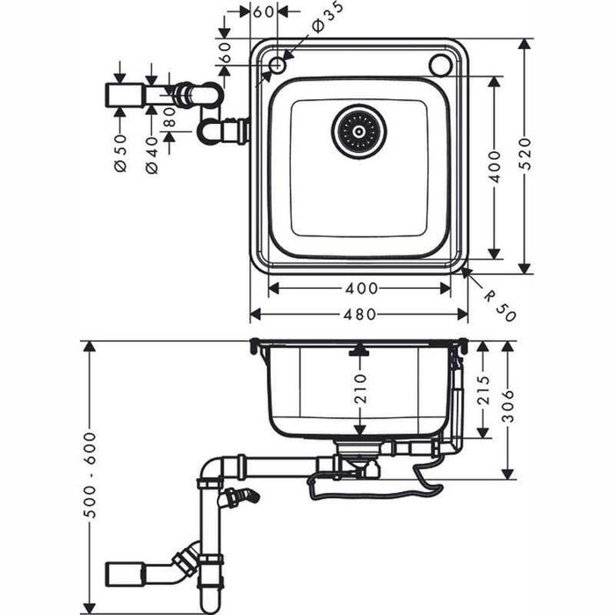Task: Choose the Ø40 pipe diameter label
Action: [x=151, y=151]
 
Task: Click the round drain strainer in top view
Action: [x=358, y=132]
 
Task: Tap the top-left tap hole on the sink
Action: [x=278, y=64]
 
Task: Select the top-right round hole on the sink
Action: [x=440, y=64]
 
